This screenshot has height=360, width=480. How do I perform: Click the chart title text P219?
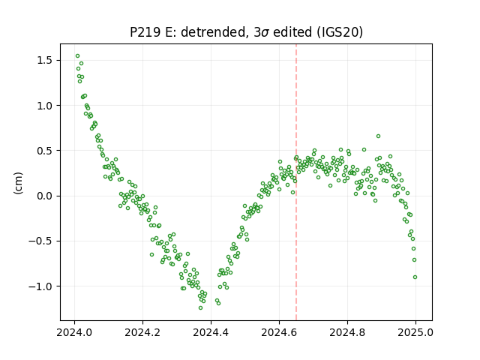coord(145,32)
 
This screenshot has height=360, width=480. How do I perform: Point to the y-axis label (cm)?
coord(18,183)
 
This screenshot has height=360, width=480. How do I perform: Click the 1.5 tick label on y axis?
coord(45,60)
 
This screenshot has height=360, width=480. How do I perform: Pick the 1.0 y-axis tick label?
coord(45,106)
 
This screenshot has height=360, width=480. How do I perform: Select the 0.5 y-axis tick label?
coord(45,151)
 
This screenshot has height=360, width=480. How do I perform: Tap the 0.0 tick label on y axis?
coord(45,196)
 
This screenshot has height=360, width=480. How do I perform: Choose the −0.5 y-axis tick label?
coord(40,241)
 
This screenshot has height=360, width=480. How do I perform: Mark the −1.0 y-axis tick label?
coord(40,286)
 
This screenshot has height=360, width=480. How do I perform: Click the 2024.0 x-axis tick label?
coord(74,332)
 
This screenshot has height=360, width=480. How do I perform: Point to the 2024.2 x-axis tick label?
coord(142,332)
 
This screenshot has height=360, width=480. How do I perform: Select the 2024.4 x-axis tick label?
coord(211,332)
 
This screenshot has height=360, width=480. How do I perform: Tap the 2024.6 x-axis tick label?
coord(279,332)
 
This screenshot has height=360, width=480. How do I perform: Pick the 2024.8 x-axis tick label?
coord(347,332)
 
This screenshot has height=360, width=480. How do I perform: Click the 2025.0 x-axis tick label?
coord(415,332)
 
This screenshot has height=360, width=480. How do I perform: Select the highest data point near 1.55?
coord(78,56)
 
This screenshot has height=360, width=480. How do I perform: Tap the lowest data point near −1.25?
coord(200,308)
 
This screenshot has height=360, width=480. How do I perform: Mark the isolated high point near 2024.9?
coord(378,136)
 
